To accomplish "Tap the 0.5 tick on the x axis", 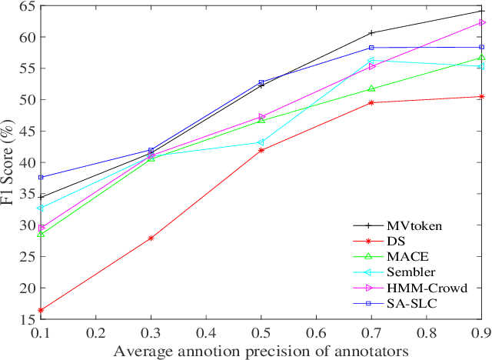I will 261,332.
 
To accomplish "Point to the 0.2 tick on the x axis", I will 96,332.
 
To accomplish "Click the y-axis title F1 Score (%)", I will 8,162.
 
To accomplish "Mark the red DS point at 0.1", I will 41,310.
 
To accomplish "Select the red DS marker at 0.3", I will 151,238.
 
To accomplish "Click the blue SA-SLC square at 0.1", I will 41,177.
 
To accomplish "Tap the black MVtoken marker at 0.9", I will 481,11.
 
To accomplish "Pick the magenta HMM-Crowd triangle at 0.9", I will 481,22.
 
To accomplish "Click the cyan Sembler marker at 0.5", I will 261,142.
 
